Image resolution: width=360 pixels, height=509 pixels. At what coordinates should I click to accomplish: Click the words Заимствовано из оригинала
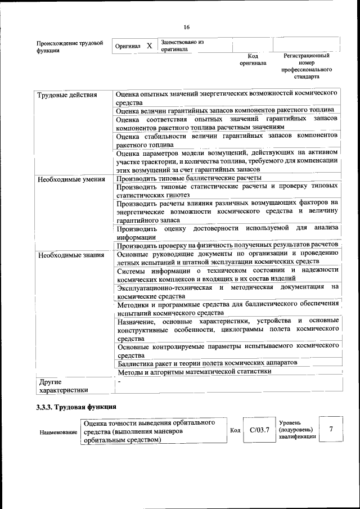point(181,46)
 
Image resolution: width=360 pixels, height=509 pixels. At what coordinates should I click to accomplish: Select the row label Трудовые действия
point(67,94)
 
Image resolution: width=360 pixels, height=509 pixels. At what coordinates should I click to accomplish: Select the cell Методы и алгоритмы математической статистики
point(194,371)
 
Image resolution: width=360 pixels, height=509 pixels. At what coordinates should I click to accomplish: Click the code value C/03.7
point(259,430)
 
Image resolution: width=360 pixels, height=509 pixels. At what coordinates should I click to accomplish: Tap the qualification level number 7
point(331,430)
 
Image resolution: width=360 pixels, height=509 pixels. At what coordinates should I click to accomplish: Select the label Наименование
point(58,432)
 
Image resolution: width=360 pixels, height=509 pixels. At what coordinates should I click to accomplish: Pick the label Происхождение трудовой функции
point(70,47)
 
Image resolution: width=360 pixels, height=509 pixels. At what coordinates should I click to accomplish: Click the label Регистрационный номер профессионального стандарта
point(306,66)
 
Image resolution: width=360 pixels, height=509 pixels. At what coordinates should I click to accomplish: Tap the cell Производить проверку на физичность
point(227,245)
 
